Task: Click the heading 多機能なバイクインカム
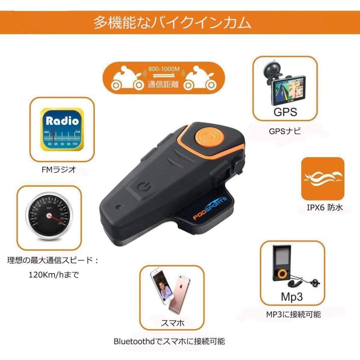coord(172,22)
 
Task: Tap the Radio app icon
coord(62,130)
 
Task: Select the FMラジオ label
coord(62,170)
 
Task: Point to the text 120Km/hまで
coord(52,275)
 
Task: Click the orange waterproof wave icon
coord(322,178)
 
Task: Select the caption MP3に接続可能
coord(293,314)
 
